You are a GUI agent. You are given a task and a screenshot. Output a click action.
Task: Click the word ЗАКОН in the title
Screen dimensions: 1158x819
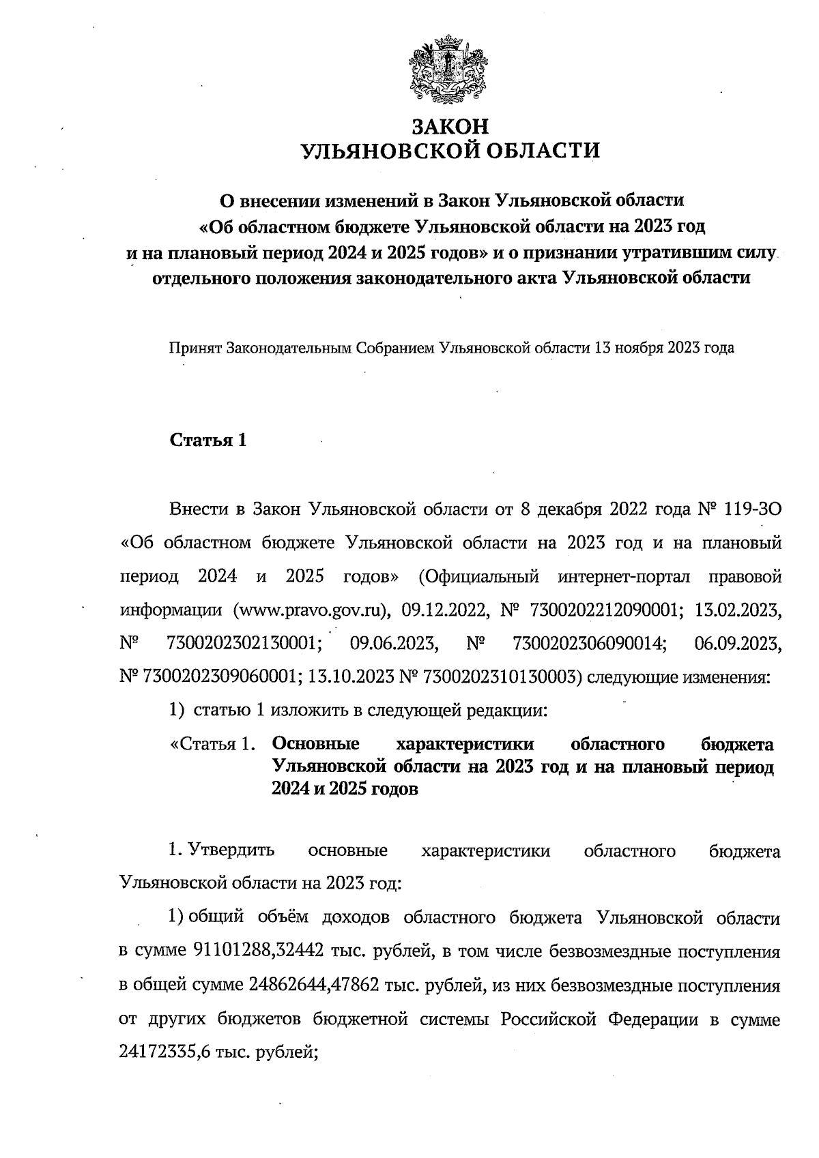click(451, 127)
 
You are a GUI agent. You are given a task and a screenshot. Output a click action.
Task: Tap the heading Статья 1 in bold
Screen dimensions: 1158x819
click(207, 441)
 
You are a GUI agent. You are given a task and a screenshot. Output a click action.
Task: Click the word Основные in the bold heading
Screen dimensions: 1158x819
click(315, 744)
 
